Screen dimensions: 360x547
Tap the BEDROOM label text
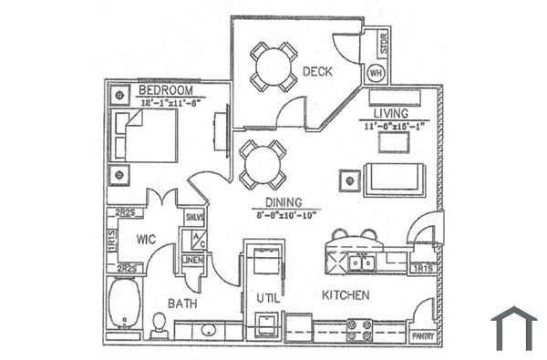click(x=165, y=90)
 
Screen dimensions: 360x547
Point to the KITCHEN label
click(x=346, y=295)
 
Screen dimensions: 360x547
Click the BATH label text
click(x=182, y=303)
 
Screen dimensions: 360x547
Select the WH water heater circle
click(x=376, y=72)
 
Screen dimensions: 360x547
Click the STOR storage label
click(x=383, y=42)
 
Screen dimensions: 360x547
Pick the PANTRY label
click(x=424, y=336)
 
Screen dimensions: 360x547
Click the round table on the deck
click(x=272, y=66)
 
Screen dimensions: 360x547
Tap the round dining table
click(x=263, y=165)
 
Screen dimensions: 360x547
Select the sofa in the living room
click(x=393, y=179)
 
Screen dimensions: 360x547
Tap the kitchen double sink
click(x=360, y=263)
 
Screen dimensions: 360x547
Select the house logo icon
click(x=513, y=328)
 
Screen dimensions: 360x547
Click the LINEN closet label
click(x=193, y=261)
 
